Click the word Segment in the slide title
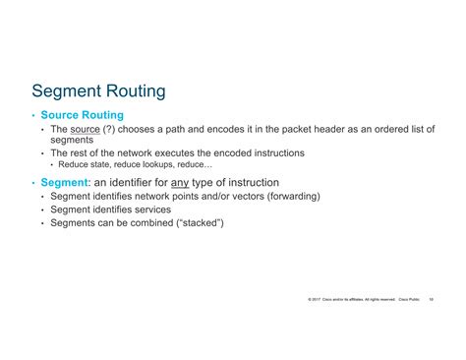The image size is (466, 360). (68, 91)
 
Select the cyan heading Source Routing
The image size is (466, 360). (83, 115)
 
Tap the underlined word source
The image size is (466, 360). (88, 129)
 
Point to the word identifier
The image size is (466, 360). (124, 182)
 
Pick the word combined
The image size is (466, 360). (142, 223)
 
